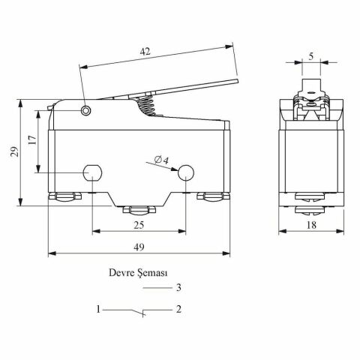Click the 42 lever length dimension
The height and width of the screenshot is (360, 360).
[x=145, y=52]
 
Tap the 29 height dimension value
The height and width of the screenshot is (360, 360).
[x=14, y=151]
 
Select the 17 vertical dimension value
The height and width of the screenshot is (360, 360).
[x=32, y=140]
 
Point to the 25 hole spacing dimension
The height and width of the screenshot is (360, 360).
[x=139, y=225]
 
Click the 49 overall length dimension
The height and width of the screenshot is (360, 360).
[x=139, y=247]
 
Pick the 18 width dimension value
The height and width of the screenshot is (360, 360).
[x=311, y=225]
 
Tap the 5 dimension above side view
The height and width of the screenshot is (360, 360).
[x=310, y=56]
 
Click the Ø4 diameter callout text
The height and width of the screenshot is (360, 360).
[x=161, y=160]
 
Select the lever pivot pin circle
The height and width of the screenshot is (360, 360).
[x=85, y=110]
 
